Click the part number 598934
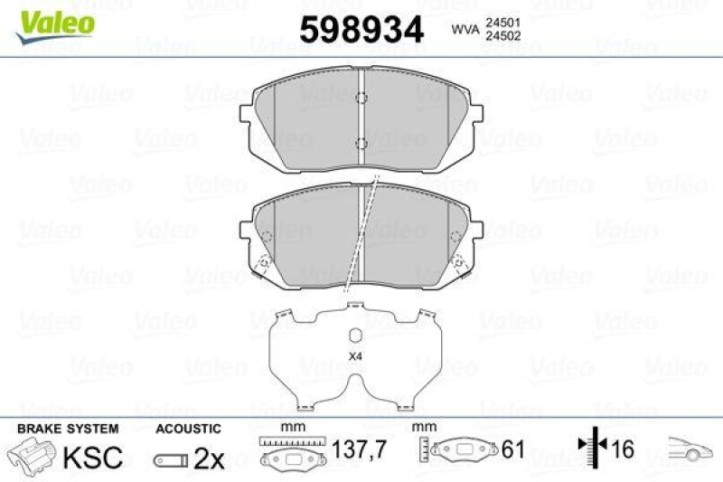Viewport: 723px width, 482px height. (x=361, y=31)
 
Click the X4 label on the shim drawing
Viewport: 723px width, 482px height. (x=354, y=354)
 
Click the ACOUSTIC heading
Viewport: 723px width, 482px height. (x=187, y=428)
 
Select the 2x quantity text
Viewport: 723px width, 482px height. (x=209, y=458)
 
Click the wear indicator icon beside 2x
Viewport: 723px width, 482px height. (x=171, y=460)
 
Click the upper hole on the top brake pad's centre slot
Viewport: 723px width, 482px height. (x=360, y=99)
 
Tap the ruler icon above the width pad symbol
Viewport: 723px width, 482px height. (x=292, y=442)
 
